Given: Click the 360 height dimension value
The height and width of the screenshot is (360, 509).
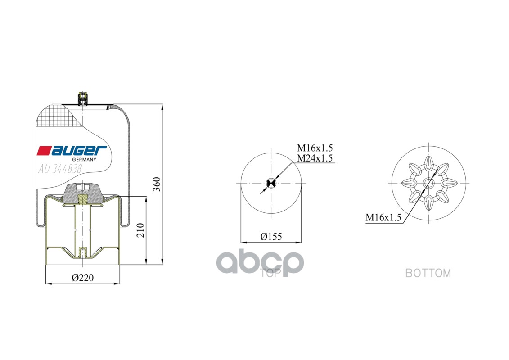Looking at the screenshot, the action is coord(156,184).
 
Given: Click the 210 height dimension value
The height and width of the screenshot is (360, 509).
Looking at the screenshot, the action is coord(140,231).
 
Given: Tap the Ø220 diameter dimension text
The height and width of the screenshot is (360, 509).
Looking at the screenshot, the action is coord(83,278).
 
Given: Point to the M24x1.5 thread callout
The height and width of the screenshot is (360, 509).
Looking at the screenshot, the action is coord(315,158).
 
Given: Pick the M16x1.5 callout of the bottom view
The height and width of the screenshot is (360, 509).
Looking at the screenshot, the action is coord(383,218).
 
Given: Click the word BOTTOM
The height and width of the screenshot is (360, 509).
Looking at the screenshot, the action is coord(428,273).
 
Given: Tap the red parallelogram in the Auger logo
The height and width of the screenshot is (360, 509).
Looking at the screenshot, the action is coord(45,151).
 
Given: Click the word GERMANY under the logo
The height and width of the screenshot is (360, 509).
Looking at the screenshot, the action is coord(84,160).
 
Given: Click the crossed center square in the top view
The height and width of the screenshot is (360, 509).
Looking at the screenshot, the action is coord(271,183).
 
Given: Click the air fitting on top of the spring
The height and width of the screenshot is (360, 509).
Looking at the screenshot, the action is coord(83,98).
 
